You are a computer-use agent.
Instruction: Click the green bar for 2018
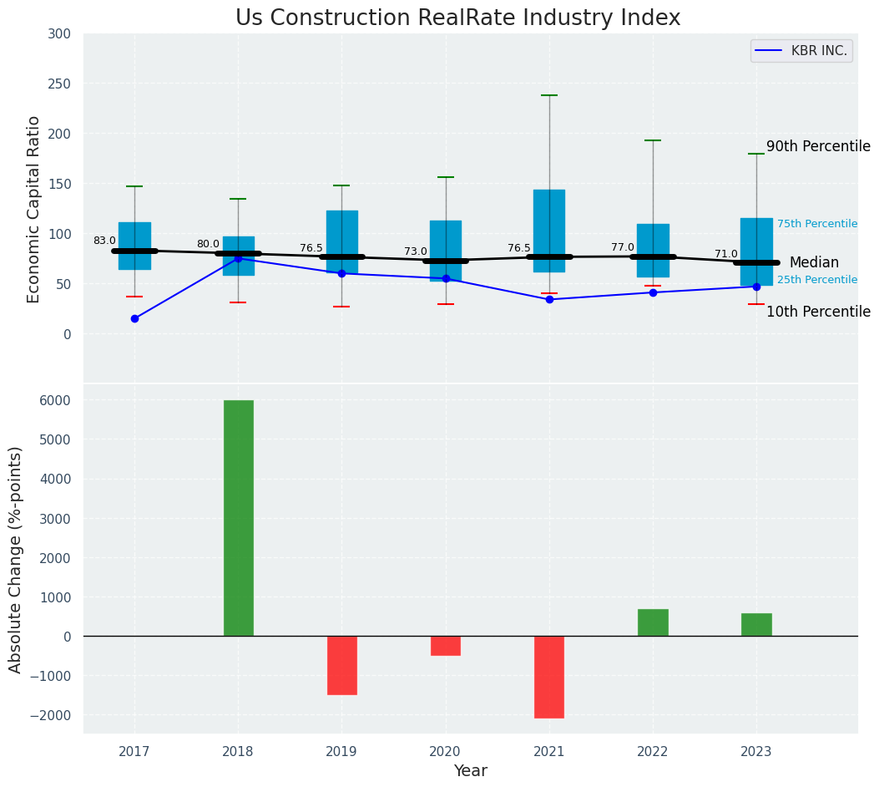point(238,518)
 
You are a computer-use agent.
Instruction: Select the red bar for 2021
point(549,677)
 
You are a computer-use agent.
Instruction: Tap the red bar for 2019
point(341,665)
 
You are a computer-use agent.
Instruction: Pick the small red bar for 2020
point(445,646)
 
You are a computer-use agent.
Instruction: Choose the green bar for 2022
point(653,622)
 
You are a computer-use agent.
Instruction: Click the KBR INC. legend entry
point(801,51)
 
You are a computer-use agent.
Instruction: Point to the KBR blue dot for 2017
point(134,318)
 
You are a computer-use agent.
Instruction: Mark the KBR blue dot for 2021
point(549,299)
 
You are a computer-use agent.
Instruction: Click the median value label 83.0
point(104,241)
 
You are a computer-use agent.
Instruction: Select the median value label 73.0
point(416,251)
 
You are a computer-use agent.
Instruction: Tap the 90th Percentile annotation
point(818,146)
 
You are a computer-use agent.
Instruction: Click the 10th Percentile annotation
point(818,312)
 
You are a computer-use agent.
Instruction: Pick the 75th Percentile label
point(817,224)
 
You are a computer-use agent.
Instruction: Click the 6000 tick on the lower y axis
point(54,400)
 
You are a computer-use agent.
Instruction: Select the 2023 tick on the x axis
point(756,752)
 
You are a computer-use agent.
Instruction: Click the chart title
point(457,18)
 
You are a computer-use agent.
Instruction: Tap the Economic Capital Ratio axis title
point(34,209)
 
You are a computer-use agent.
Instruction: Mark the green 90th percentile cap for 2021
point(549,95)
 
